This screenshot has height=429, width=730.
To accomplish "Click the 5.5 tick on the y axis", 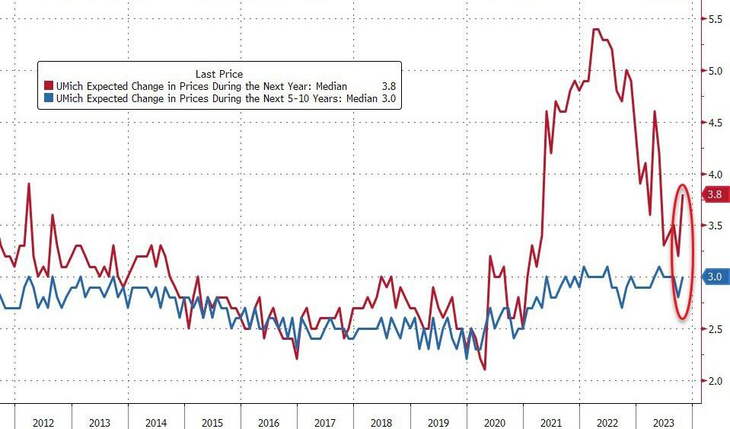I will (x=715, y=18).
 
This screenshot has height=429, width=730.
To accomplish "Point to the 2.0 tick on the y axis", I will (x=715, y=381).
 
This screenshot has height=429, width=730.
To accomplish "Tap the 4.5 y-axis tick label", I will (x=715, y=122).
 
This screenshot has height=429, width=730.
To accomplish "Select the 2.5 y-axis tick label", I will (x=715, y=329).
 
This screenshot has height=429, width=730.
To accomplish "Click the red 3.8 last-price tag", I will (x=714, y=194).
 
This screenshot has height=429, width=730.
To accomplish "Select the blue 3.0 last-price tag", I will (x=714, y=277).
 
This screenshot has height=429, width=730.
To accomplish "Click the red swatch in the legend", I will (x=49, y=87).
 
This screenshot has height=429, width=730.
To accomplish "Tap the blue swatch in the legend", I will (x=49, y=99).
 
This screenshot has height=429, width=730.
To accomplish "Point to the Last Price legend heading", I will (x=219, y=74).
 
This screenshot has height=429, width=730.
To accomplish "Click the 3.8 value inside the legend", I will (x=387, y=87).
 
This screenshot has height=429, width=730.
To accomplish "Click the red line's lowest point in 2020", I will (x=484, y=370).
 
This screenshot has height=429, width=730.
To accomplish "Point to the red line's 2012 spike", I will (x=29, y=184).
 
